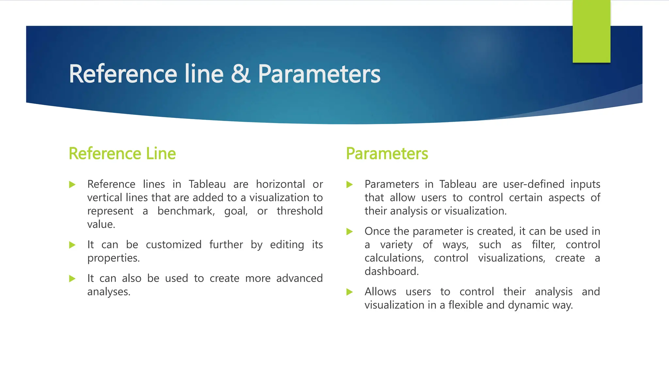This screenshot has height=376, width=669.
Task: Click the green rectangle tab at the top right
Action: click(x=591, y=31)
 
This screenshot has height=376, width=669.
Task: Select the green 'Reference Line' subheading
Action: click(x=122, y=153)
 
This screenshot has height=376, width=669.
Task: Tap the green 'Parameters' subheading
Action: click(x=387, y=153)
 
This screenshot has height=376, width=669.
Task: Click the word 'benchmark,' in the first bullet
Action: click(x=186, y=211)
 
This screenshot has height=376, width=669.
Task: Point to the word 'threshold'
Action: click(x=300, y=211)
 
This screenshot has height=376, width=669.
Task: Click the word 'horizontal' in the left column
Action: click(x=280, y=184)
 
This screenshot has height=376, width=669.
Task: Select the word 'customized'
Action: click(x=173, y=245)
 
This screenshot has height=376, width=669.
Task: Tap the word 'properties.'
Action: click(x=113, y=258)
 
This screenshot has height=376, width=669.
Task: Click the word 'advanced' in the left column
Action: click(x=299, y=278)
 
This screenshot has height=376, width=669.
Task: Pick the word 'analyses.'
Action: click(x=109, y=292)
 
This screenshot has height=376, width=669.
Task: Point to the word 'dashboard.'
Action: click(x=391, y=272)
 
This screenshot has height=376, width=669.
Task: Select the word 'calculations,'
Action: click(x=394, y=258)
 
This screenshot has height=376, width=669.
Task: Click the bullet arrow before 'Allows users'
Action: click(x=350, y=292)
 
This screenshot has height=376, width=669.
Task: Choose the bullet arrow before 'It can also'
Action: click(x=72, y=278)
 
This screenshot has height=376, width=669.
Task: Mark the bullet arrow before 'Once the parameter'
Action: click(x=350, y=231)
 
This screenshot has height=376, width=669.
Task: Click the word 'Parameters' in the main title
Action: click(x=319, y=74)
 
